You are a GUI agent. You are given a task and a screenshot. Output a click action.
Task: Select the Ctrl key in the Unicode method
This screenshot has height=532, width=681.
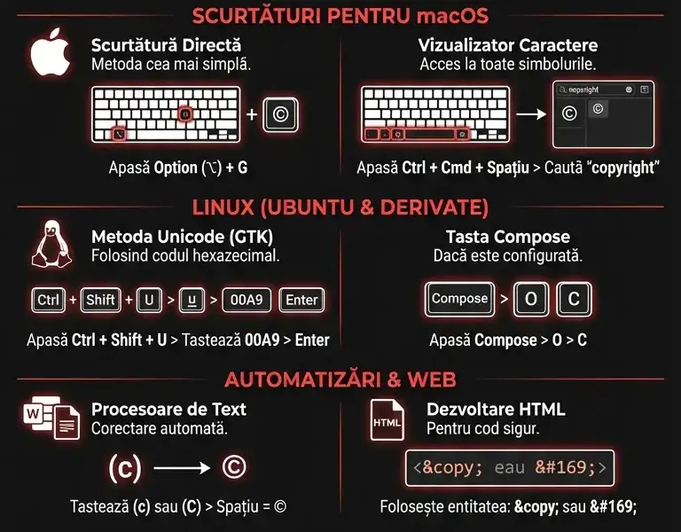coord(48,300)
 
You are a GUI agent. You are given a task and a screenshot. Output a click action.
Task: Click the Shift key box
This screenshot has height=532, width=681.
coord(100,300)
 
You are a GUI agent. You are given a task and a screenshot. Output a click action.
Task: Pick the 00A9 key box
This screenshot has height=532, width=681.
coord(246,300)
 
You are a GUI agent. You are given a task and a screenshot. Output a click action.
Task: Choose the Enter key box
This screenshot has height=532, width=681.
coord(301,300)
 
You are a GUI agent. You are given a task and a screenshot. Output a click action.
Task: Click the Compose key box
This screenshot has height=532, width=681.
coord(459,299)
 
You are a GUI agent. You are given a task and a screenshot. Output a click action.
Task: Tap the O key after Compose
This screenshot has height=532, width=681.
coord(530,299)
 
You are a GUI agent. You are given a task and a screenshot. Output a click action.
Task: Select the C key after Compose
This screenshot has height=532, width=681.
coord(574,299)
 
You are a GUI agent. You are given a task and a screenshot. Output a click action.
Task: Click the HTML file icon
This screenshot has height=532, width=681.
coord(387,422)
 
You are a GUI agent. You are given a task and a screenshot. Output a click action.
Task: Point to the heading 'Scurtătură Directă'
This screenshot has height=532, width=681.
coord(166,44)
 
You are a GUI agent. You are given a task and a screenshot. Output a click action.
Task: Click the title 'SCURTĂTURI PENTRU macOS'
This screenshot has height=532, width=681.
coord(340,16)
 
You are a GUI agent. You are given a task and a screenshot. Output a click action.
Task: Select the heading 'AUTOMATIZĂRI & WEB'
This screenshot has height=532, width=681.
coord(340,379)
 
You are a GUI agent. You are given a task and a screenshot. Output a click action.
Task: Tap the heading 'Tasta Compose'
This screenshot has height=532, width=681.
coord(507,237)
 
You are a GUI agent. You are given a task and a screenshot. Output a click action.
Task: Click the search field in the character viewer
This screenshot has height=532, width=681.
coord(592,90)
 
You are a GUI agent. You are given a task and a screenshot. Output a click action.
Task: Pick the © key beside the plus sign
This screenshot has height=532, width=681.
coord(280,113)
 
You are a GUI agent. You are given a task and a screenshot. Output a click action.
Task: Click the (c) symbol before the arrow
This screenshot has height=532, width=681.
coord(124,469)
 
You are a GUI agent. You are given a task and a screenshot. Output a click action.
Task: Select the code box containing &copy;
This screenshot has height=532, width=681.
coord(510,467)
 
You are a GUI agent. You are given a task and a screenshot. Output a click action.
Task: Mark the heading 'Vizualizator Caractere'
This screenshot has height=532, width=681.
coord(507,44)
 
